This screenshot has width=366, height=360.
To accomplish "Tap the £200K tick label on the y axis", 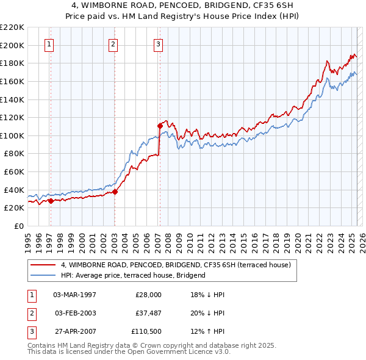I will [12, 45].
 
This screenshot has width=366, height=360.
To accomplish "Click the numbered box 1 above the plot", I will [49, 44].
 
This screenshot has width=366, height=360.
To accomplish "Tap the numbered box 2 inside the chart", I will [113, 44].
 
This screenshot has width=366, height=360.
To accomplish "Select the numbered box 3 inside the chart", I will [158, 44].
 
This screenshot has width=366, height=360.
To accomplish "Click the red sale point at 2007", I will [160, 126].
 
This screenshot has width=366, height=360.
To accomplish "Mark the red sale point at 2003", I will [115, 192].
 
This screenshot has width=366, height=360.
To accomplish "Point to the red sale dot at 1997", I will [51, 200].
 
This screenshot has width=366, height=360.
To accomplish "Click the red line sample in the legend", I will [43, 265].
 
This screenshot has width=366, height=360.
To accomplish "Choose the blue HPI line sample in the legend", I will [43, 275].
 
